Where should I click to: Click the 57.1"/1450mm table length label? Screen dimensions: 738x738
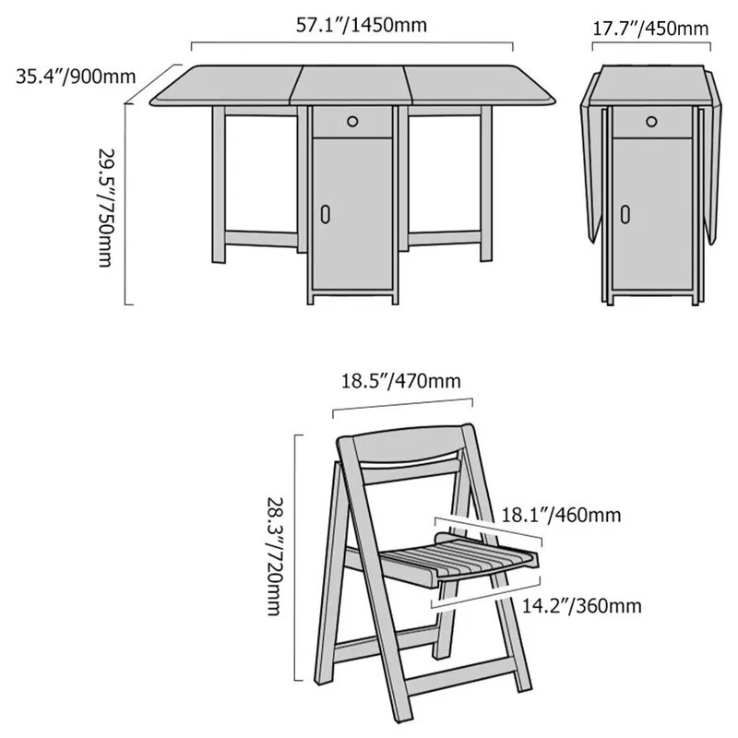pos(361,25)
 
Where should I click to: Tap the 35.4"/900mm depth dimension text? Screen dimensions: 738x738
pos(76,77)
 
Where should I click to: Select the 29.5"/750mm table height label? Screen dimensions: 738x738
pos(105,208)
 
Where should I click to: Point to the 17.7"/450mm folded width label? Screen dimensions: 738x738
pos(650,29)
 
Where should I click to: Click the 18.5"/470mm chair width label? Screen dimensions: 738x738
pos(400,381)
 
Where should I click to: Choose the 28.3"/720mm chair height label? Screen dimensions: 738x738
pos(275,556)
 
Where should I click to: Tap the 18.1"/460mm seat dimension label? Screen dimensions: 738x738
pos(561,515)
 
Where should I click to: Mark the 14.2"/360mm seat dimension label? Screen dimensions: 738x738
pos(582,606)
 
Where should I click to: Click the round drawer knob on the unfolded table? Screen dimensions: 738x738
pos(352,122)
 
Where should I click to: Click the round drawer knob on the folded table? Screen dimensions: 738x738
pos(651,122)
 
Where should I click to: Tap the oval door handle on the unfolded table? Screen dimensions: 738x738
pos(326,214)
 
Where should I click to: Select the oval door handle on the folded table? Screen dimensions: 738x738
pos(625,214)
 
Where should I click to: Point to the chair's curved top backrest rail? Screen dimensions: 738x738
pos(407,444)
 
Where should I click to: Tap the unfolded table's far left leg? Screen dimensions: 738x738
pos(219,184)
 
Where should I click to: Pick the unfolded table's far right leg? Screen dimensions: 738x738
pos(486,184)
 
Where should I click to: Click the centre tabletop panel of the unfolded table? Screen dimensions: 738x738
pos(351,85)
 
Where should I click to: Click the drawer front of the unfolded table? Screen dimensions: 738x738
pos(352,122)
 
